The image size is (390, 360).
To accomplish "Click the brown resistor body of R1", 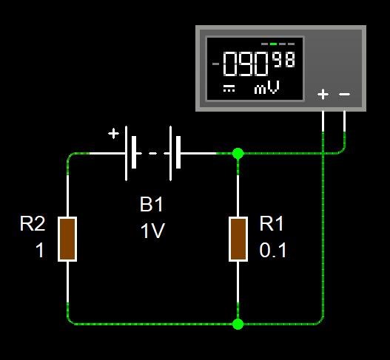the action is (x=238, y=239).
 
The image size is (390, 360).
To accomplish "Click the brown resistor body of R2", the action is (x=67, y=239).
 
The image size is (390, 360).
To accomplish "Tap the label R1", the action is (x=272, y=223).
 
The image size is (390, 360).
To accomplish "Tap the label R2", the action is (x=33, y=223).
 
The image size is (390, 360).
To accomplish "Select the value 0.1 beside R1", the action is (x=273, y=250).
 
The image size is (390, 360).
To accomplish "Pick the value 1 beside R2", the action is (x=40, y=250).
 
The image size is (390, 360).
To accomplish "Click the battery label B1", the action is (x=151, y=204).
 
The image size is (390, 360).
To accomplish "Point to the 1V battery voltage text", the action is (x=152, y=231).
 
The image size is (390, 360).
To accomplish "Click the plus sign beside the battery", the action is (x=113, y=133).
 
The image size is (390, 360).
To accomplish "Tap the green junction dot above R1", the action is (x=238, y=153).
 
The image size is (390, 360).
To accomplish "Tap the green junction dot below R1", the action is (x=238, y=324).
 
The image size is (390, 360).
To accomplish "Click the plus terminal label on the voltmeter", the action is (x=323, y=94).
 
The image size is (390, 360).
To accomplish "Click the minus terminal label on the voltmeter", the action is (x=344, y=94).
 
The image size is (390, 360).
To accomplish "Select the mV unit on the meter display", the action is (x=266, y=87).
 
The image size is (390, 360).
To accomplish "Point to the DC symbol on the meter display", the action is (x=229, y=89).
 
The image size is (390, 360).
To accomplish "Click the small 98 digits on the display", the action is (x=284, y=60).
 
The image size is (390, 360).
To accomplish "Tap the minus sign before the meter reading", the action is (x=215, y=64).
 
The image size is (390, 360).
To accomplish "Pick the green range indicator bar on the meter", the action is (x=273, y=44).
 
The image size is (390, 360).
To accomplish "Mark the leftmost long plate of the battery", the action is (x=126, y=153).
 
